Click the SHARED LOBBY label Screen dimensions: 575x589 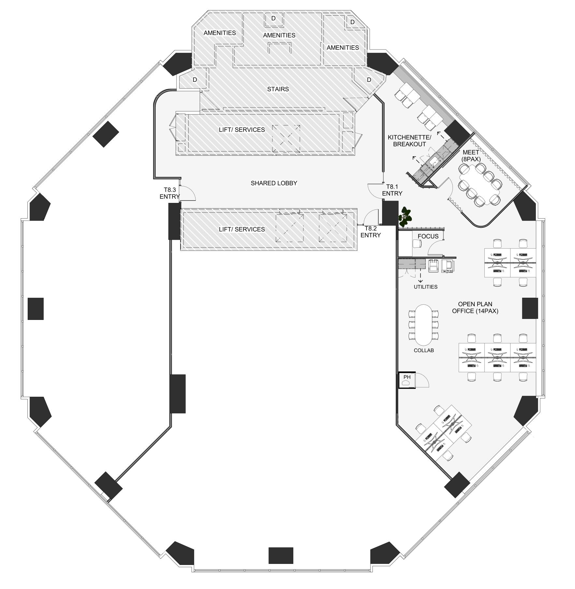(x=274, y=183)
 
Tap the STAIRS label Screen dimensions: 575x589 (x=278, y=89)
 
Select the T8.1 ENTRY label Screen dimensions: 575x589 (x=392, y=190)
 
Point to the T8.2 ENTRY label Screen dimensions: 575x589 (x=371, y=232)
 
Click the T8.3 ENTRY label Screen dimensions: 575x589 (x=170, y=193)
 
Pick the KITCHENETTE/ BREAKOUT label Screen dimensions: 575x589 (x=410, y=141)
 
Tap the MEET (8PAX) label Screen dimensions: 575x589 (x=471, y=156)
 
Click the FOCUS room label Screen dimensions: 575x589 (x=428, y=237)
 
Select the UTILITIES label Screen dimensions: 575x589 (x=425, y=287)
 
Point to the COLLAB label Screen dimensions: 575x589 (x=424, y=351)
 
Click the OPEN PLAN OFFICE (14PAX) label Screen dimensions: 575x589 (x=475, y=308)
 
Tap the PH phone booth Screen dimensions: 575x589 (x=407, y=380)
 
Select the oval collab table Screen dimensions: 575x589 (x=424, y=325)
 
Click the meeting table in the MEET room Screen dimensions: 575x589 (x=478, y=184)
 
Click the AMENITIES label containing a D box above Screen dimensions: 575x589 (x=279, y=35)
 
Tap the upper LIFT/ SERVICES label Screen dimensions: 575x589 (x=242, y=130)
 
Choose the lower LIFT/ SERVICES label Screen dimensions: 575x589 (x=242, y=229)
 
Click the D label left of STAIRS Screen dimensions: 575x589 (x=195, y=80)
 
